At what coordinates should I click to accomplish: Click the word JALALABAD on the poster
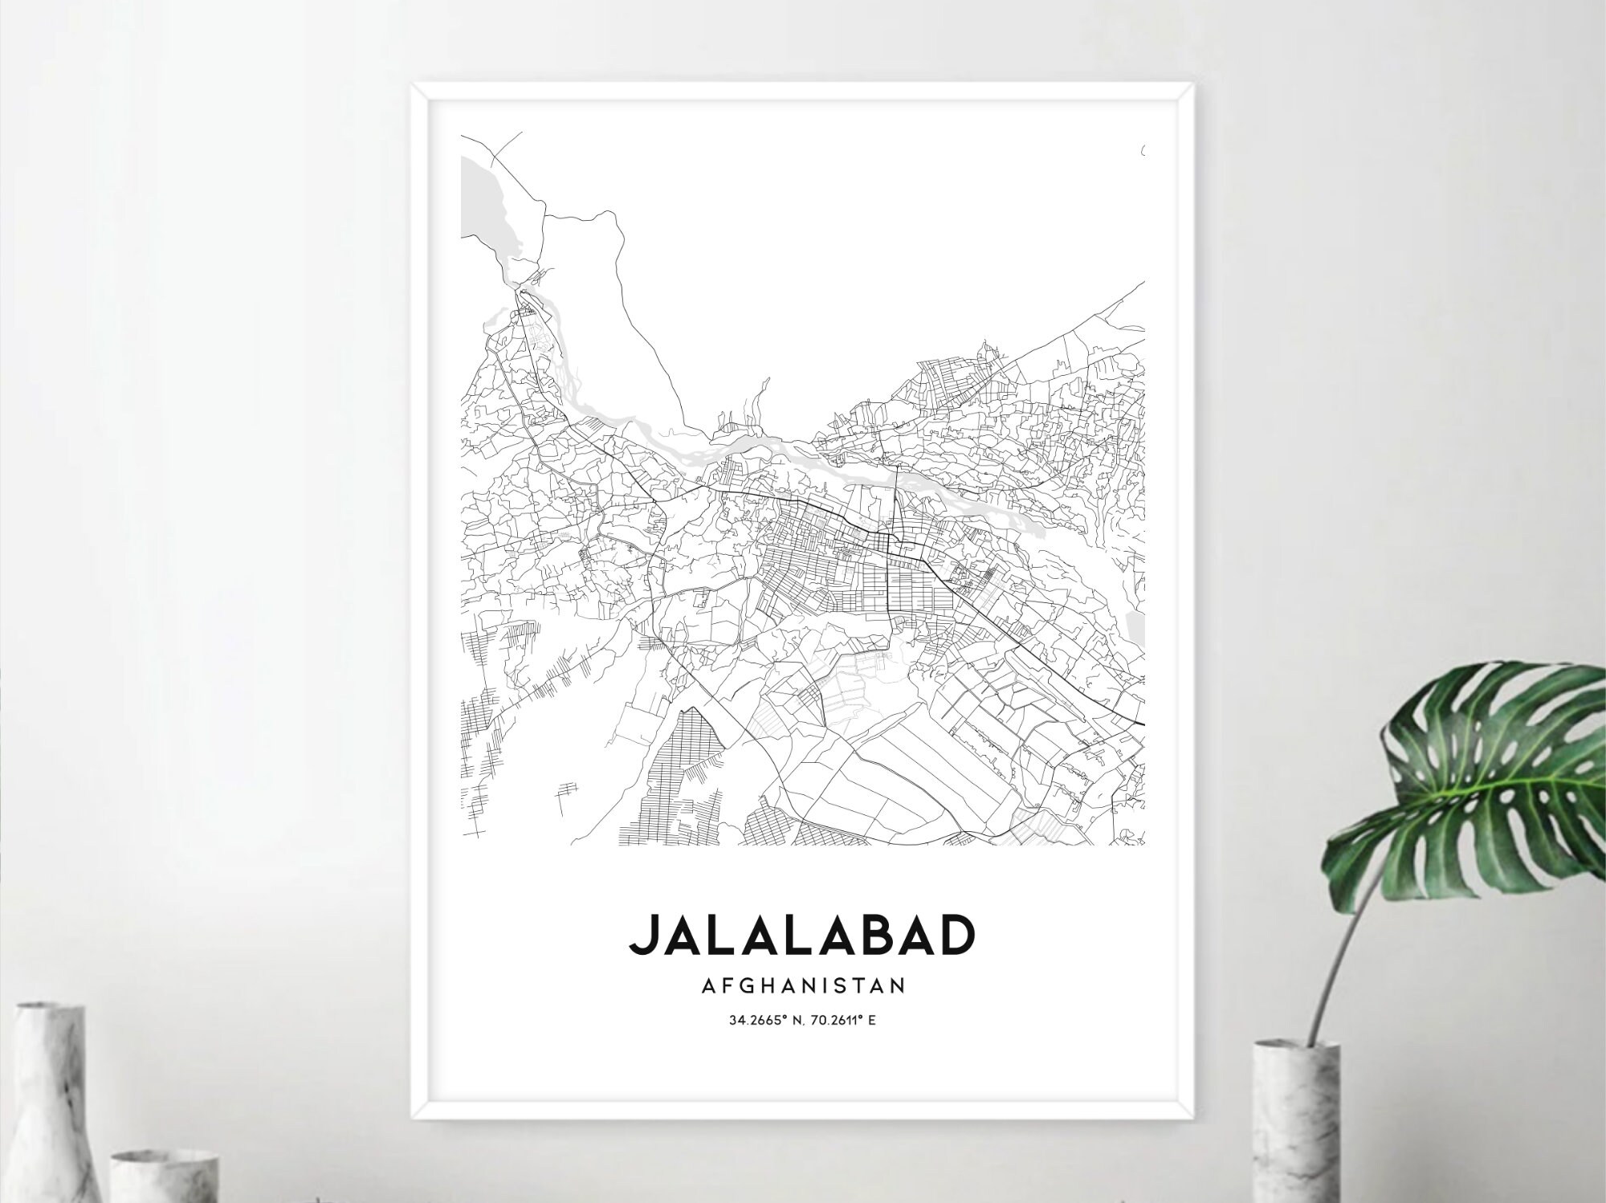[802, 935]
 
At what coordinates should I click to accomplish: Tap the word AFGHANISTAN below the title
[803, 985]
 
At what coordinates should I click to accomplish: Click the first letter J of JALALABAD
[645, 935]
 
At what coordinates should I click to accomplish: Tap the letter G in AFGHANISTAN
[738, 985]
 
